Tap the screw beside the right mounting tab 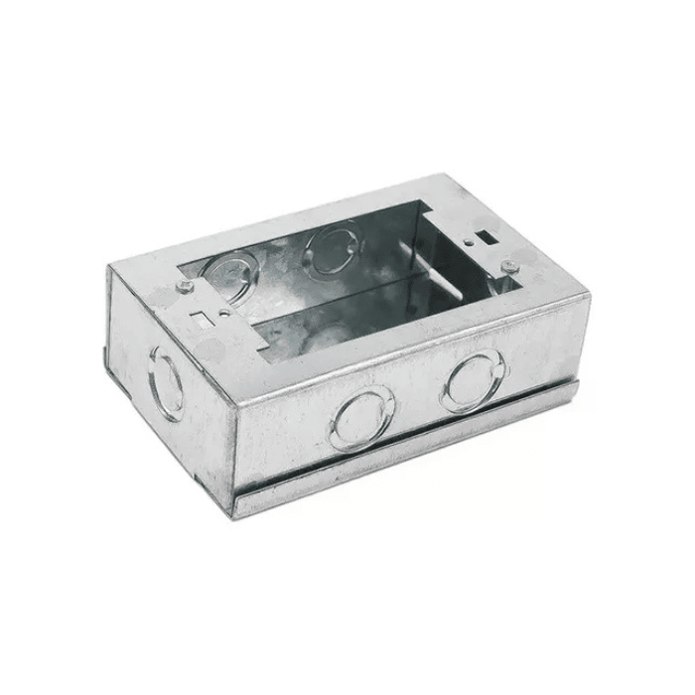coord(508,264)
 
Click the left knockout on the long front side coord(361,419)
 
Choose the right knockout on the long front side coord(472,380)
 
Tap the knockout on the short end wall coord(166,380)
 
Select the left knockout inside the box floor coord(235,274)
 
